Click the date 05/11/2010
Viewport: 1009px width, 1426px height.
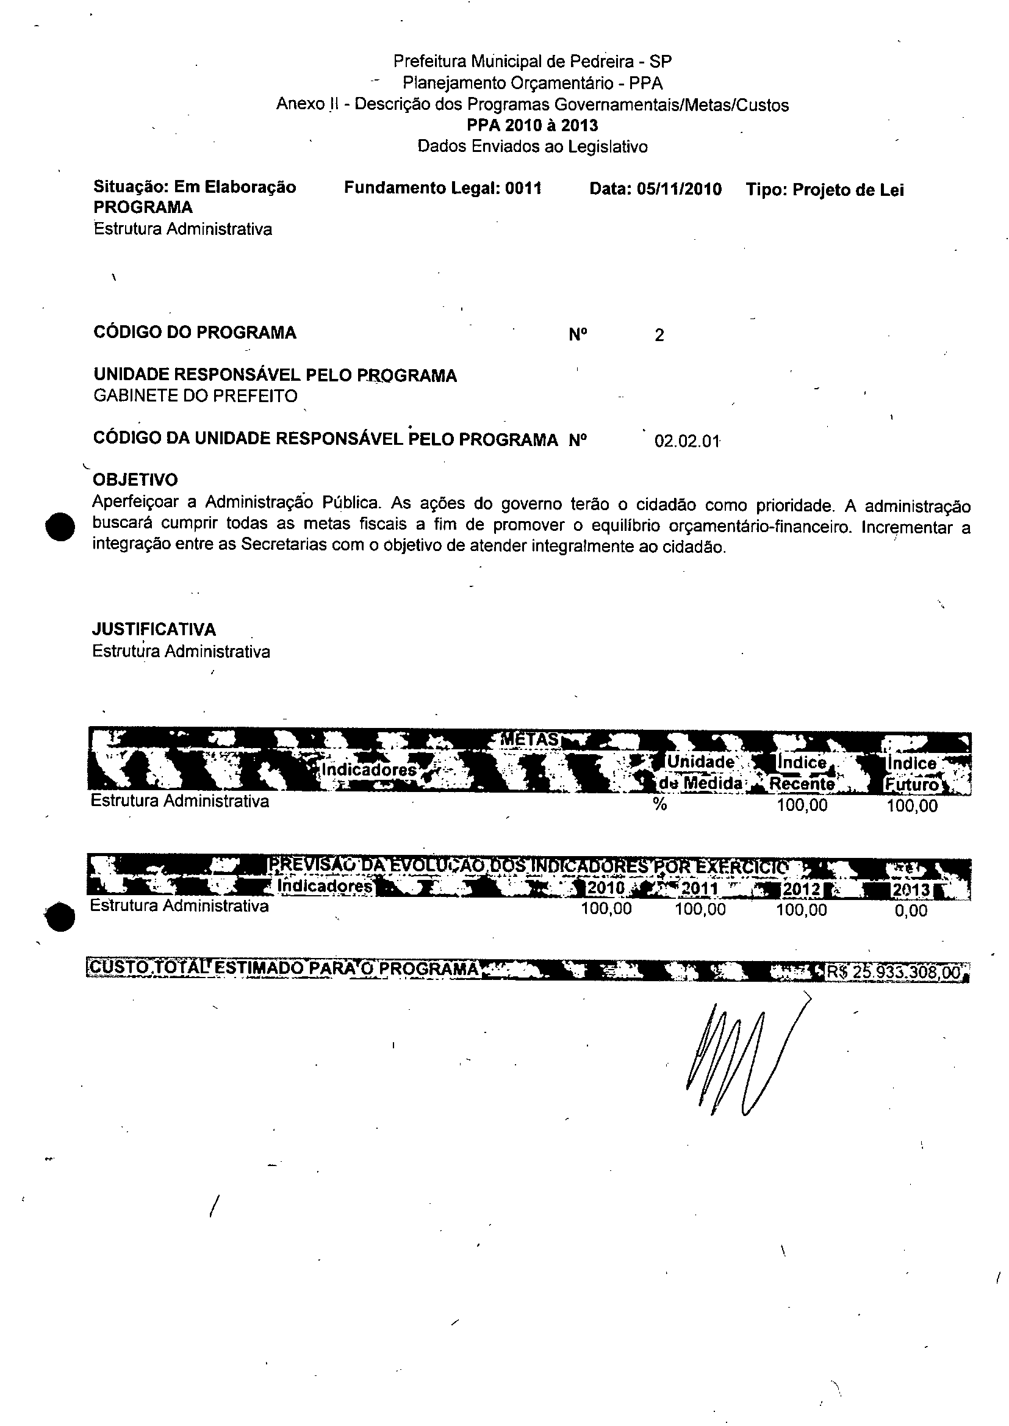(679, 189)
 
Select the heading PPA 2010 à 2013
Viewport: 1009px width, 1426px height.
(533, 126)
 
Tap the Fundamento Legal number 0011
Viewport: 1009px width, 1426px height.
(523, 188)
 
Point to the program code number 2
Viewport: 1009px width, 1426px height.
(659, 336)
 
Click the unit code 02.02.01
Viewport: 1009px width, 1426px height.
(686, 442)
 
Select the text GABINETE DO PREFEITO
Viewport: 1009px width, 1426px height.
(195, 396)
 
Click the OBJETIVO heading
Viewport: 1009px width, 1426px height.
(135, 480)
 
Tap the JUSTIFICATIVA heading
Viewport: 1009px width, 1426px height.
(154, 630)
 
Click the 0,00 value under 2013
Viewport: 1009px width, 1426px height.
(911, 911)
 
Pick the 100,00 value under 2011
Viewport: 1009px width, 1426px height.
(700, 910)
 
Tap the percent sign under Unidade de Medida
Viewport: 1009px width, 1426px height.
(660, 805)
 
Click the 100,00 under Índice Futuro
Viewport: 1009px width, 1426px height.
(911, 806)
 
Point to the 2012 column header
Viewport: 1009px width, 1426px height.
(802, 889)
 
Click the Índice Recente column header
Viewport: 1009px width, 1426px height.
(802, 773)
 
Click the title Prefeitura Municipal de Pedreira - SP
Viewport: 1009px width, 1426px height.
(533, 62)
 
